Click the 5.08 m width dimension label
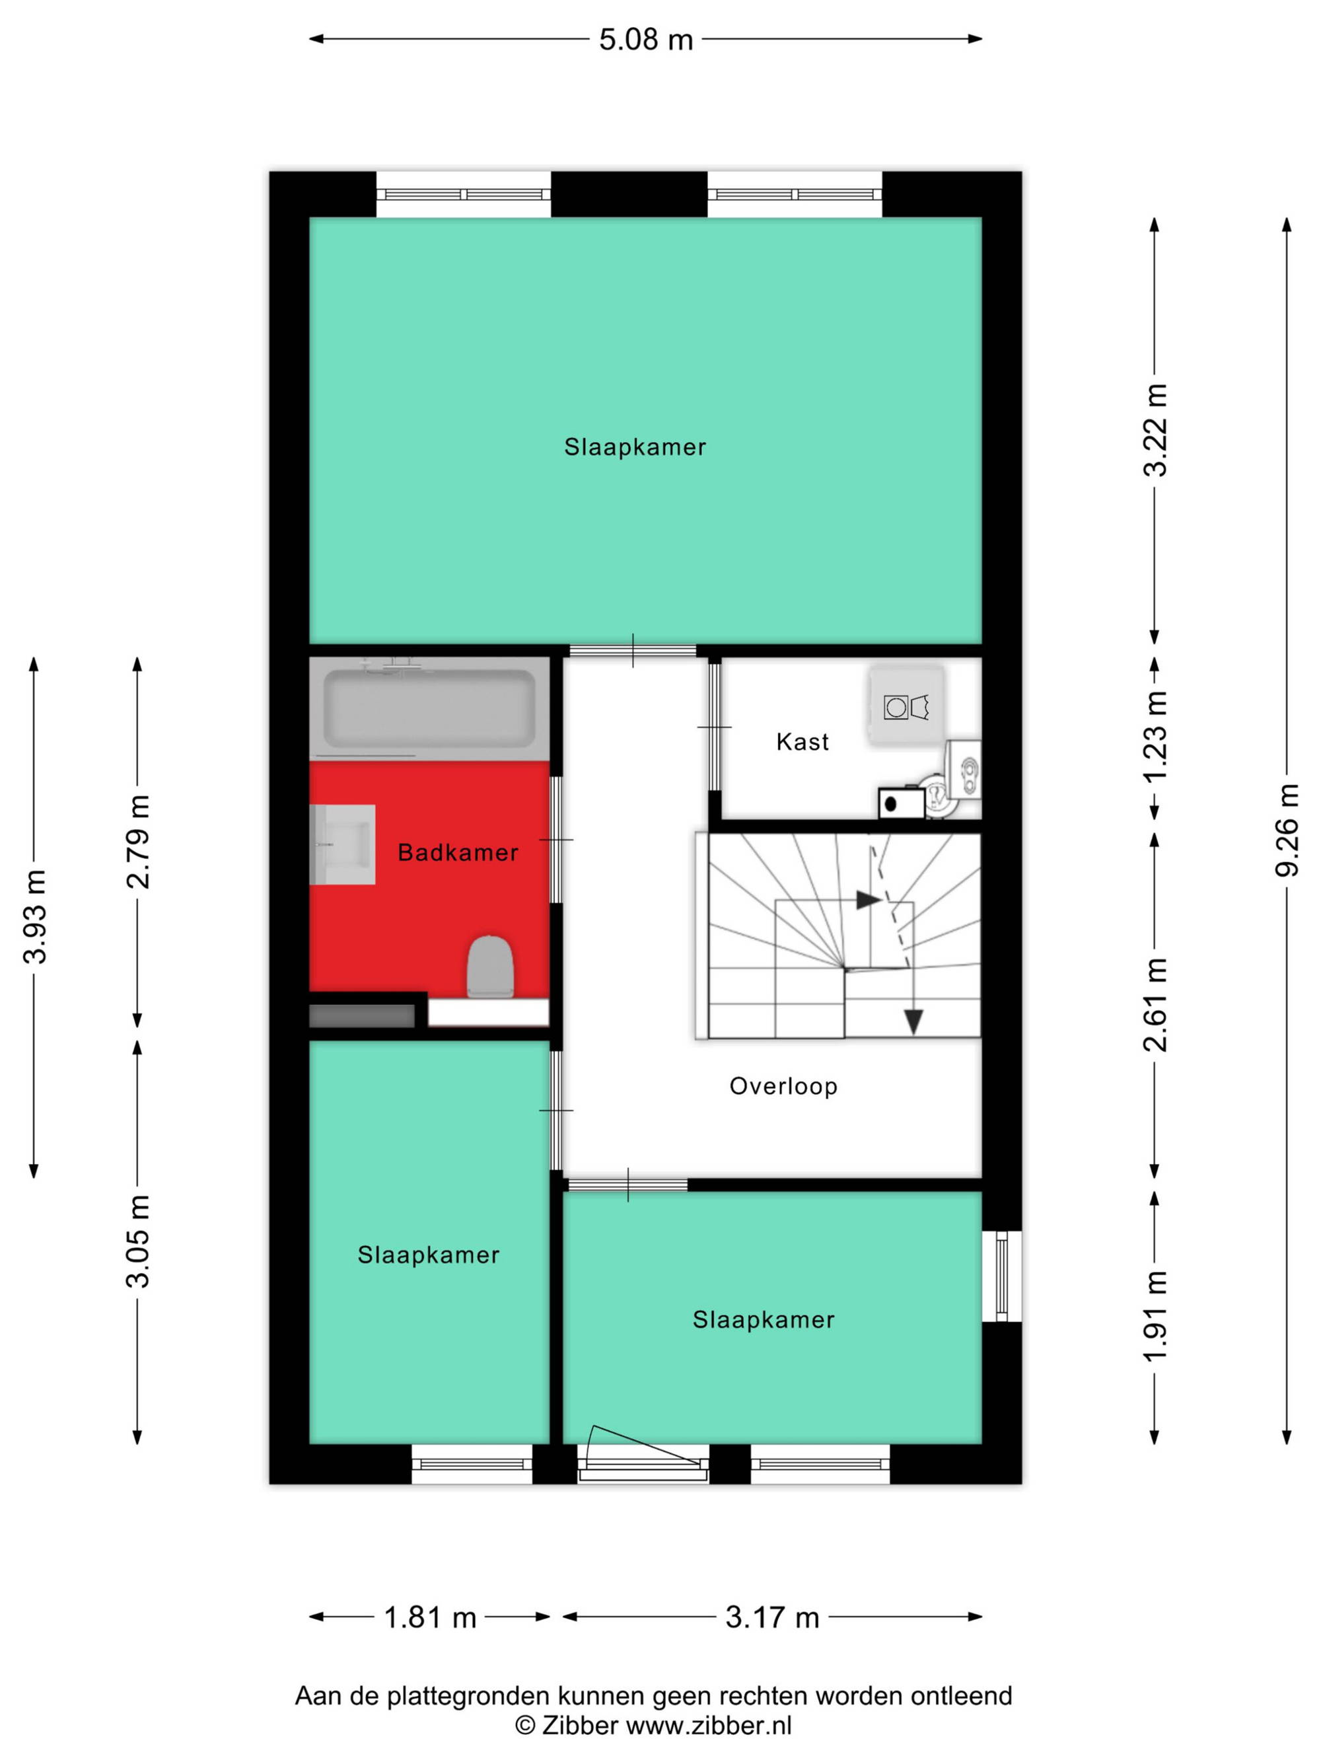point(646,39)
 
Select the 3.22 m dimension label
point(1155,430)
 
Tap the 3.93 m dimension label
point(34,917)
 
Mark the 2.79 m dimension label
point(138,841)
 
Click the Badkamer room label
point(458,852)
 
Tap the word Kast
point(803,742)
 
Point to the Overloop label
point(783,1087)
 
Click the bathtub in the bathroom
point(429,708)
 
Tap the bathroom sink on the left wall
point(342,844)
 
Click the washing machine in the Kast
point(907,706)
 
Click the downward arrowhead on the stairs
point(913,1022)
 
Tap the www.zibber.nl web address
point(709,1726)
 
